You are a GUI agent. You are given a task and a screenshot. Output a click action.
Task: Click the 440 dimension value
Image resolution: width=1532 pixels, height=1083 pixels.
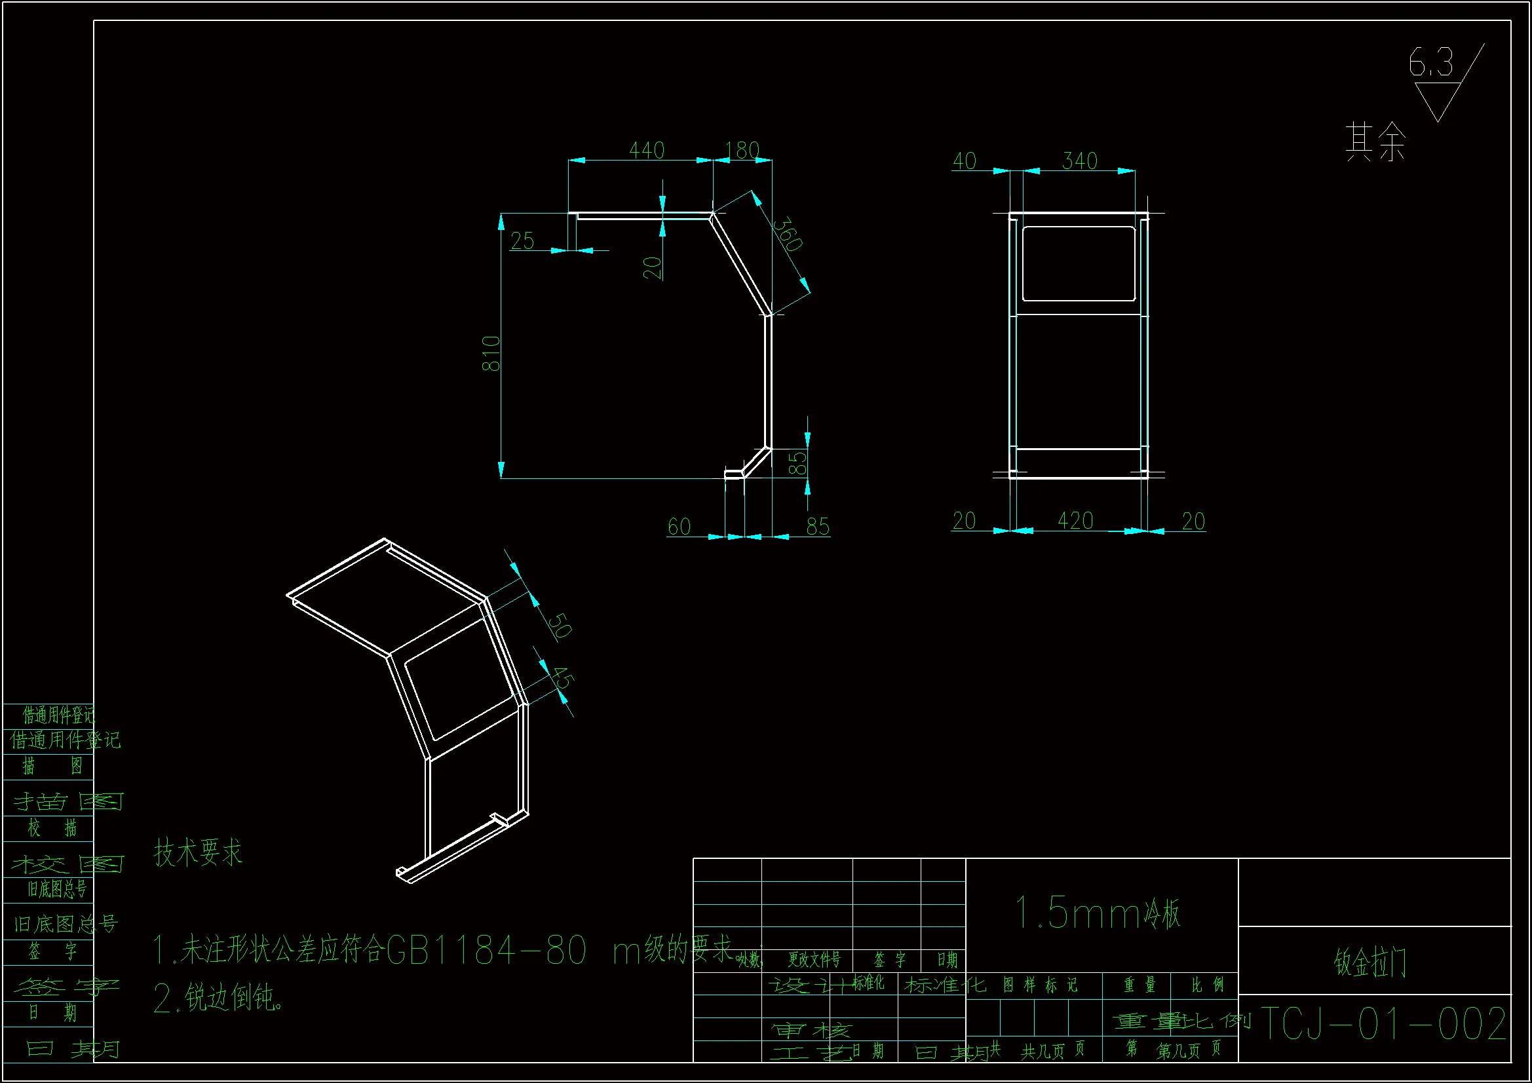tap(647, 150)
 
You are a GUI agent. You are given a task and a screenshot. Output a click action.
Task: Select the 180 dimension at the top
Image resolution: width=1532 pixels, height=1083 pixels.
tap(742, 150)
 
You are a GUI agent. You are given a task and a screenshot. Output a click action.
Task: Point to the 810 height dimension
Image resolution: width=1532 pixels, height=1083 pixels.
tap(491, 353)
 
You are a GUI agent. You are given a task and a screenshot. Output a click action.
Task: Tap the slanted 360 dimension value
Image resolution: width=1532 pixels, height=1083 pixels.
tap(788, 233)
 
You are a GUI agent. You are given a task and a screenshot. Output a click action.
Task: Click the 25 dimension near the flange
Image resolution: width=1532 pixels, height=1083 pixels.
tap(522, 241)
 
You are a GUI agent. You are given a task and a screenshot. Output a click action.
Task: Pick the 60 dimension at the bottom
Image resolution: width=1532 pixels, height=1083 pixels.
tap(679, 527)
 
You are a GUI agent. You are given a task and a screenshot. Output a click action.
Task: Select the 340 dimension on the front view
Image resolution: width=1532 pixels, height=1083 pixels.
tap(1080, 161)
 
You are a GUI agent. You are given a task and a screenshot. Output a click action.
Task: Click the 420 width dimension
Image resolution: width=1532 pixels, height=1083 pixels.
tap(1075, 520)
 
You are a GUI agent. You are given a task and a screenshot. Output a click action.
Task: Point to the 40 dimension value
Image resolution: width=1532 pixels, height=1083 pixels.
tap(964, 161)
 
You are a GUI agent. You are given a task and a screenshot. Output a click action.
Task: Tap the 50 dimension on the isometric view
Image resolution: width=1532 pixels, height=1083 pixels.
tap(559, 625)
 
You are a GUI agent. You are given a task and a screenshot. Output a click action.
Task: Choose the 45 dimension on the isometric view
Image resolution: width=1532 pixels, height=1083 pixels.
tap(562, 679)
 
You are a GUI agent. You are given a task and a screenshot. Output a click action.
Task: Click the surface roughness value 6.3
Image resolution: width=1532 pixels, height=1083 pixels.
tap(1430, 64)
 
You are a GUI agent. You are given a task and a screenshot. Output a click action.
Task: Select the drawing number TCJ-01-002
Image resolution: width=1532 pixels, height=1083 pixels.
tap(1383, 1023)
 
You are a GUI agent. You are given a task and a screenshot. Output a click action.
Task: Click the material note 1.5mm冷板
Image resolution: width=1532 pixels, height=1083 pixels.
tap(1098, 913)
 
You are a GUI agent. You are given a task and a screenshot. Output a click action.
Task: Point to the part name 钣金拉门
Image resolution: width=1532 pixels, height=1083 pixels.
tap(1370, 962)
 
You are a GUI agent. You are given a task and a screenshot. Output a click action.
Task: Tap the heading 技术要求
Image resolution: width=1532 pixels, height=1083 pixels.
tap(198, 852)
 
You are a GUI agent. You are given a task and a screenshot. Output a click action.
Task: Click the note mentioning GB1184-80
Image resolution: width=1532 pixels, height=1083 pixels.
tap(440, 949)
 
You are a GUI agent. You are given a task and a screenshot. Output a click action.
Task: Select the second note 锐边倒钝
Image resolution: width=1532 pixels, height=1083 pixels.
tap(218, 998)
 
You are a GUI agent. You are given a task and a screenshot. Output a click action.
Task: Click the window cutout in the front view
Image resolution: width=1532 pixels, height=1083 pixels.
tap(1079, 263)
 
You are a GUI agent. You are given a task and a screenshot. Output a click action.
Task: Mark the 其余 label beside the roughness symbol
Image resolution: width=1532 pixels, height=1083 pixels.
tap(1375, 142)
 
